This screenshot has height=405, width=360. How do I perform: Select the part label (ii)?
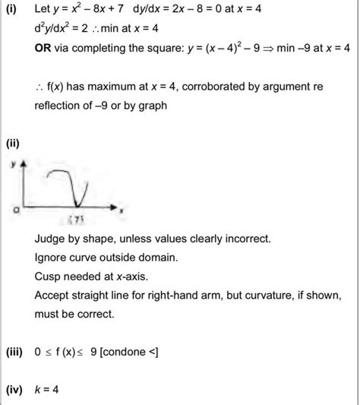tap(12, 143)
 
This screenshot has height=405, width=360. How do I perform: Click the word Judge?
tap(50, 239)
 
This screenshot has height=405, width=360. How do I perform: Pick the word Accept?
tap(52, 293)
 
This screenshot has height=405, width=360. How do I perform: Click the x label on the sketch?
tap(122, 206)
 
